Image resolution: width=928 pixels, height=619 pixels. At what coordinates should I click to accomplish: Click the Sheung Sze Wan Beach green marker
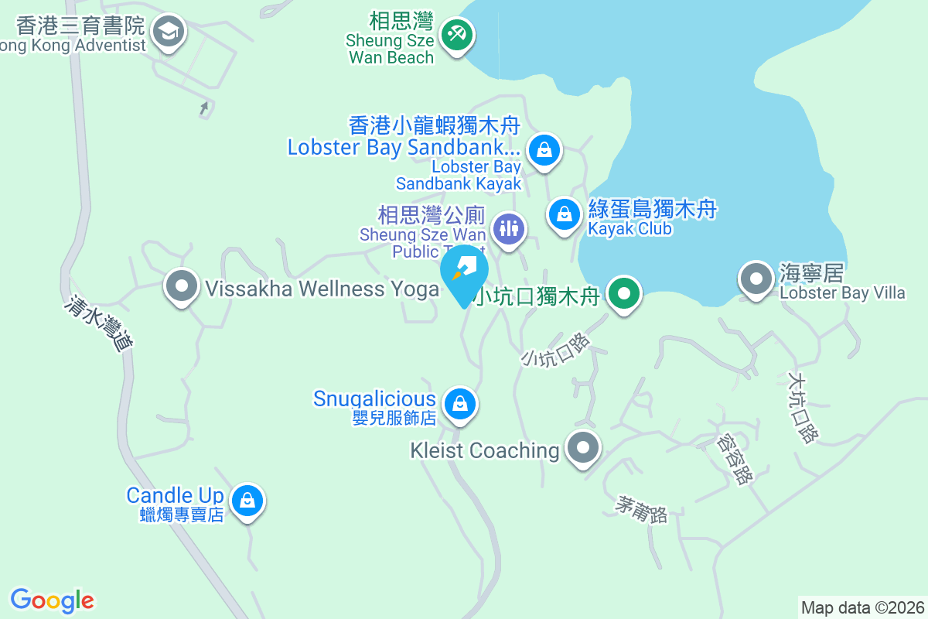(457, 35)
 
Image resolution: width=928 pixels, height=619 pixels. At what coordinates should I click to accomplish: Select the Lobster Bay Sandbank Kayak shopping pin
(544, 149)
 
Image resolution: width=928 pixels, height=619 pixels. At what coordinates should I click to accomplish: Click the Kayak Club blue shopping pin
(565, 214)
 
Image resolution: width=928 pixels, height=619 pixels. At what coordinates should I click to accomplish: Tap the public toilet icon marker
(508, 228)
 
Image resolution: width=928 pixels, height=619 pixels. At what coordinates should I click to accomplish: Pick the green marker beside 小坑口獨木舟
(623, 294)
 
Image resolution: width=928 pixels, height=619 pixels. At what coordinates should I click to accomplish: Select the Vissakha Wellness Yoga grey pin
(182, 286)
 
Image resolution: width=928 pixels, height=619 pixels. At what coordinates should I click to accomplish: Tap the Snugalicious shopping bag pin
(460, 403)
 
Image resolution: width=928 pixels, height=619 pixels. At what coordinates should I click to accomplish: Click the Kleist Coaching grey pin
(583, 448)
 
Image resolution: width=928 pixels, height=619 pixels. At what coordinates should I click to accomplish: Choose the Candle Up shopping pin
(247, 500)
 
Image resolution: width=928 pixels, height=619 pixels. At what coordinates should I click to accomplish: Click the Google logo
(53, 600)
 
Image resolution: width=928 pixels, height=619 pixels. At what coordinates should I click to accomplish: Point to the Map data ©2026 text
(862, 607)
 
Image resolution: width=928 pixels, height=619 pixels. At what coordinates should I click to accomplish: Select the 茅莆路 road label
(641, 508)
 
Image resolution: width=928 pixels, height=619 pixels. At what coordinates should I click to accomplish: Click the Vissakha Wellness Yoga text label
(322, 289)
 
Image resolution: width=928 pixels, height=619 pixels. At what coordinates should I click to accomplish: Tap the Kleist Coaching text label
(486, 450)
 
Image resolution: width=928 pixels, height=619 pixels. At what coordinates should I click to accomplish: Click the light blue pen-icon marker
(465, 272)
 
